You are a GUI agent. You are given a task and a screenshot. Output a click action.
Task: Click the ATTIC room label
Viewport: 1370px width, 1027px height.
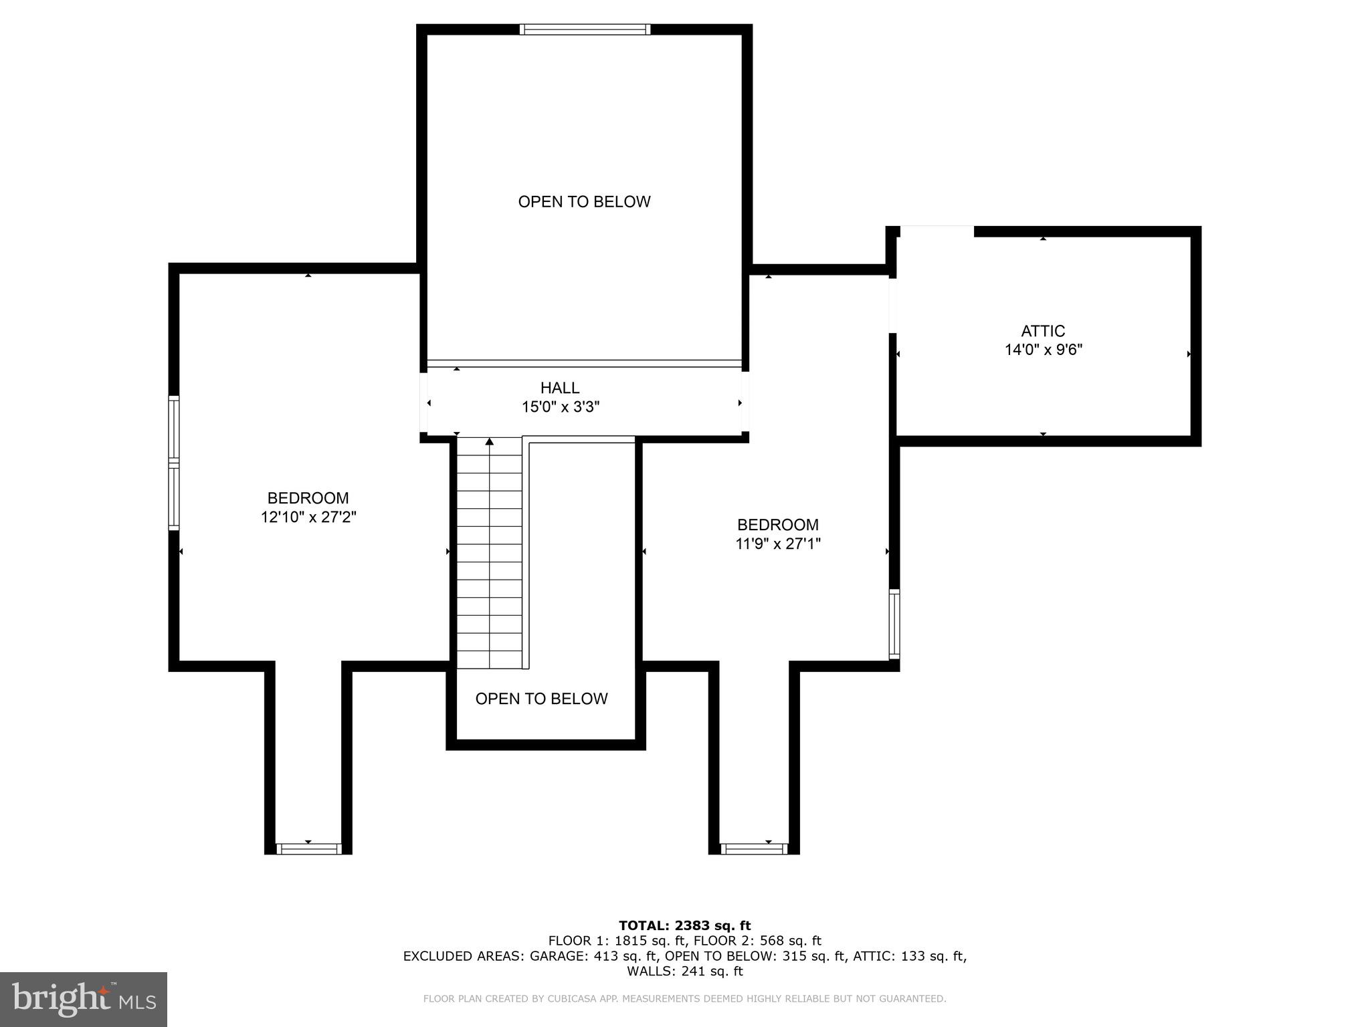(x=1042, y=331)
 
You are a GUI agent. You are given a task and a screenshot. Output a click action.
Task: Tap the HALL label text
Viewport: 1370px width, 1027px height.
(x=560, y=388)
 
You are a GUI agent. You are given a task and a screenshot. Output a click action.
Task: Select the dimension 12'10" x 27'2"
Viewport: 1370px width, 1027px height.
(x=308, y=517)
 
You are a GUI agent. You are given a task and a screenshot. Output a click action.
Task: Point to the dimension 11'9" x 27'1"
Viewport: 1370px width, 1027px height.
(x=777, y=544)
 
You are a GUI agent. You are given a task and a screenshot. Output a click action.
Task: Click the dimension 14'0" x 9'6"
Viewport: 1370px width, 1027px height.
(x=1043, y=350)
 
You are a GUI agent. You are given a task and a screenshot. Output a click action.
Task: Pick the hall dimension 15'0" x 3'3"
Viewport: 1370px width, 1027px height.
(x=560, y=407)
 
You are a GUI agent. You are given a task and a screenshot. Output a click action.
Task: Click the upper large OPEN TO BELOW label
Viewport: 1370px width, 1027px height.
(x=584, y=201)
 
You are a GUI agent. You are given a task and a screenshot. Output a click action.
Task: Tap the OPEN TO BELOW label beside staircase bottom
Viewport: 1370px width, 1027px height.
(x=541, y=699)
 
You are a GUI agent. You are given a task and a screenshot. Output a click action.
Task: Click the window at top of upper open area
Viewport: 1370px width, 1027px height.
(x=585, y=29)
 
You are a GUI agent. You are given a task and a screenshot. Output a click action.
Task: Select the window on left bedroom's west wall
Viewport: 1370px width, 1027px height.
(x=174, y=463)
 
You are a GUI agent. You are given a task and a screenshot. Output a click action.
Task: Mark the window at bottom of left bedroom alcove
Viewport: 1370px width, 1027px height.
(x=308, y=849)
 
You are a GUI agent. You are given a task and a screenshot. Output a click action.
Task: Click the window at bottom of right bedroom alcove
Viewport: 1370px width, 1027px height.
(x=754, y=849)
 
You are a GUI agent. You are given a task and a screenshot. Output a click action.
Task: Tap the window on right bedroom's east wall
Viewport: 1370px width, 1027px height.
(x=894, y=623)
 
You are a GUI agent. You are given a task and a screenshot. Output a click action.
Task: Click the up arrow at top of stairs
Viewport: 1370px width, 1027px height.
(x=490, y=441)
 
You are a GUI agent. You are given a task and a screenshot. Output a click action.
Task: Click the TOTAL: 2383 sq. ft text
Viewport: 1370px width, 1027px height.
(x=684, y=925)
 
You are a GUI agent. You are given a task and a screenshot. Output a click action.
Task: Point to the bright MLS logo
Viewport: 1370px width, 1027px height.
(x=84, y=999)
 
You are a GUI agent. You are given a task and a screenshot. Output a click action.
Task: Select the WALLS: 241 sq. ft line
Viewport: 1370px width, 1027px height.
(x=684, y=972)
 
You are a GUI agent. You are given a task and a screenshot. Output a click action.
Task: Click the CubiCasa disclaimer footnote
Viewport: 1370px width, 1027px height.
(x=684, y=999)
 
